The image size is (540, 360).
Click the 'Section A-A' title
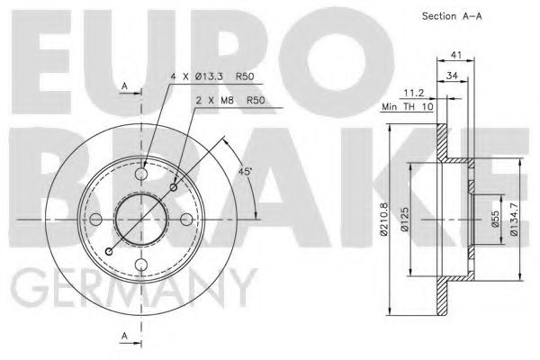click(459, 17)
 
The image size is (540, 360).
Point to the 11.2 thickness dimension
click(415, 92)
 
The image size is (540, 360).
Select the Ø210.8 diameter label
click(386, 220)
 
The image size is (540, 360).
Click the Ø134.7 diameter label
click(515, 220)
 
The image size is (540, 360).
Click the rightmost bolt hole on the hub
click(185, 220)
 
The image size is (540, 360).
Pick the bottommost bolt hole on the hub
click(141, 264)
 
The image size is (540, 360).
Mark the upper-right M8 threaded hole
click(173, 187)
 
